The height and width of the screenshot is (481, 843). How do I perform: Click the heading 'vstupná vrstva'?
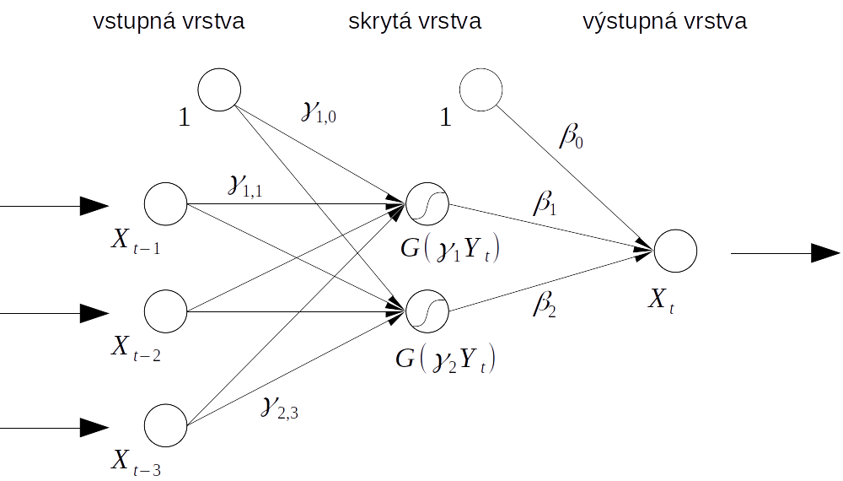point(169,22)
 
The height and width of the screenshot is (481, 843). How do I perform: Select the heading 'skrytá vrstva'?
point(415,22)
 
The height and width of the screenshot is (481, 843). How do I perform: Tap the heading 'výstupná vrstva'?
point(664,22)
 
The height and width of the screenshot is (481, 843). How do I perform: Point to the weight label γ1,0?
point(319,112)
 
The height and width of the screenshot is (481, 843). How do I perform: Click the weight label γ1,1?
point(245,186)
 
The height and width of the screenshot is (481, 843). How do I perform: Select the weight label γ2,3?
point(279,408)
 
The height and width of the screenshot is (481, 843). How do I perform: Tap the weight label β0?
point(571,135)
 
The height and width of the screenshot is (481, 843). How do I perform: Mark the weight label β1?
point(545,203)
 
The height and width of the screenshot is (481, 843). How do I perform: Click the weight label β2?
point(545,305)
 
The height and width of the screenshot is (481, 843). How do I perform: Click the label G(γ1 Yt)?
point(450,249)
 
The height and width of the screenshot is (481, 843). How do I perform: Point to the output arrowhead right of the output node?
point(825,253)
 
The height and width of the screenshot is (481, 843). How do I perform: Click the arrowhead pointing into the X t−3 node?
point(94,428)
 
